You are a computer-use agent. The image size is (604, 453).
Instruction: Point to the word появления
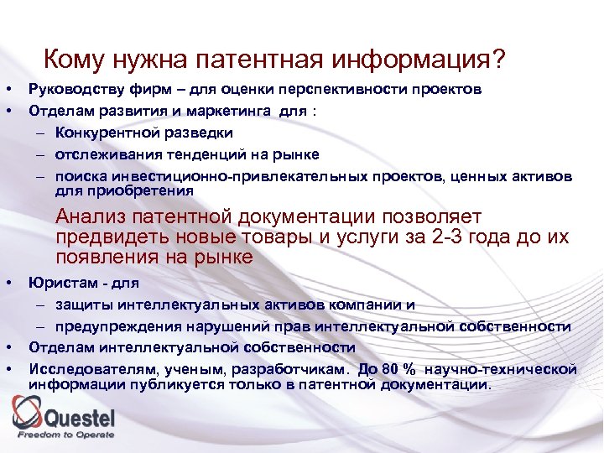[x=108, y=257]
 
